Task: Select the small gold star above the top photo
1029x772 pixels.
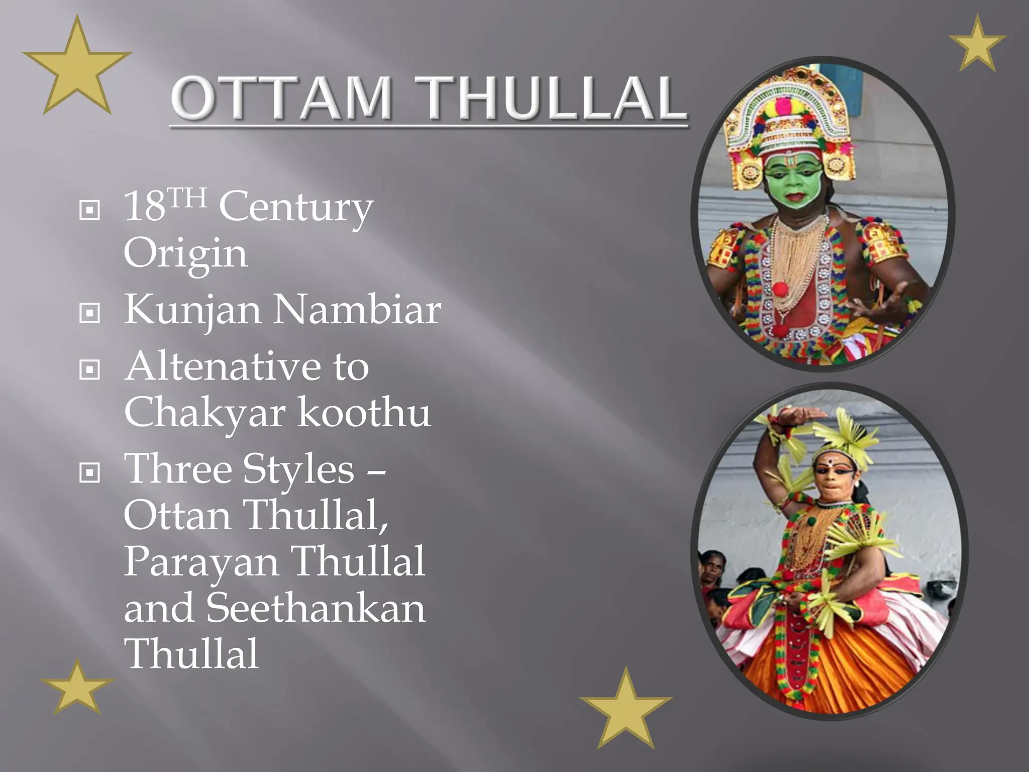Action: pos(977,44)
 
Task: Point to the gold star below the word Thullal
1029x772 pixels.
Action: pos(77,688)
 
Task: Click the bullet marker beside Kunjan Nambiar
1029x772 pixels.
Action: pos(90,313)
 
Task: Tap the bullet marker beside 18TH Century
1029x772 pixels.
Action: pos(90,210)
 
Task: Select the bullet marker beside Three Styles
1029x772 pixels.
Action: pos(90,472)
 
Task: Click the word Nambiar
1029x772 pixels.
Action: pos(357,310)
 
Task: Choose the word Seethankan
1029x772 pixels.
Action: pos(316,608)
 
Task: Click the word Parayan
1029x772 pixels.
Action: pos(201,562)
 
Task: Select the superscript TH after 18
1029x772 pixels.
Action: pos(187,197)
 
